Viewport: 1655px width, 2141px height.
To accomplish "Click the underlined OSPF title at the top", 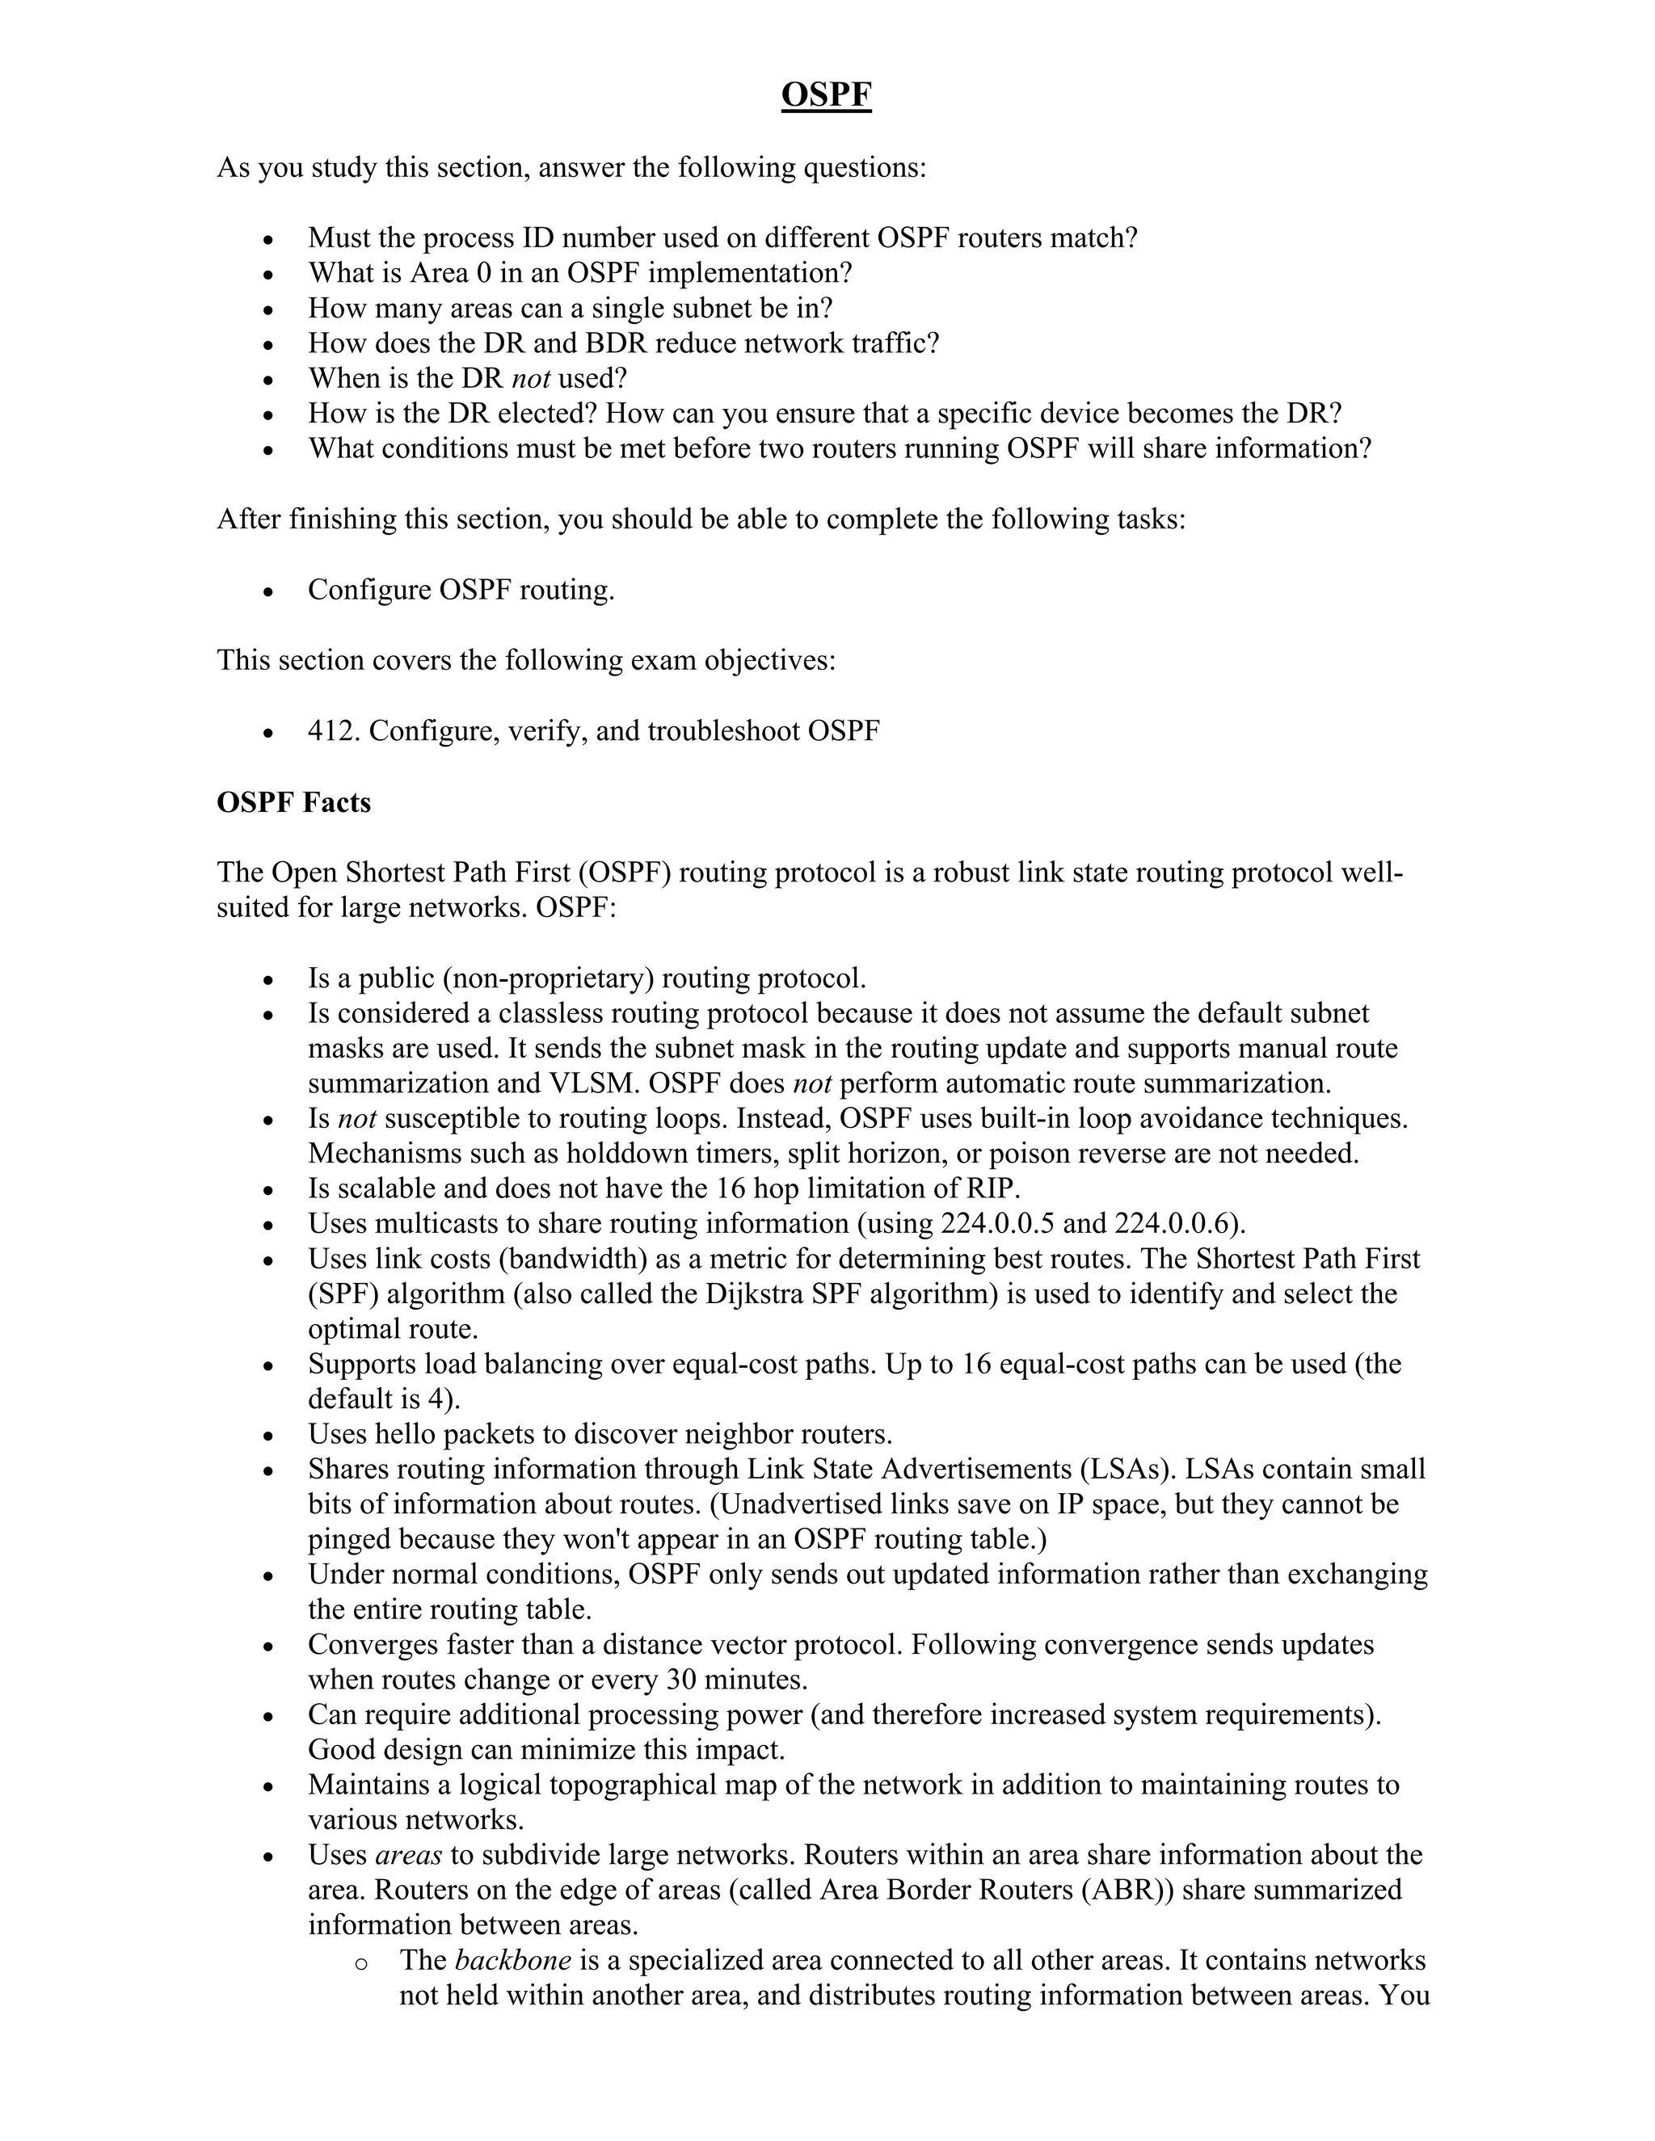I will [x=826, y=95].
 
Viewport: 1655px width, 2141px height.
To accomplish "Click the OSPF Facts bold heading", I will [x=293, y=802].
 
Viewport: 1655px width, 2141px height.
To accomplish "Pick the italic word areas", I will [x=409, y=1855].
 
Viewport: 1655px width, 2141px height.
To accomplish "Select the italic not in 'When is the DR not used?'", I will [x=530, y=378].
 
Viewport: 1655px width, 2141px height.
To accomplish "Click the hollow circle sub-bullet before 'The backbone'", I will [x=360, y=1962].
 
